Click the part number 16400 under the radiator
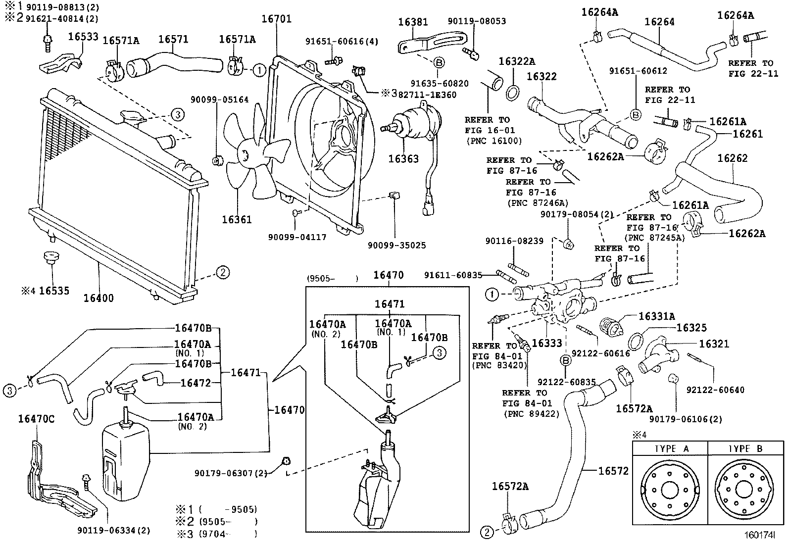coord(98,298)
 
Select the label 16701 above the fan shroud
coord(277,19)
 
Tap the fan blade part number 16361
coord(237,219)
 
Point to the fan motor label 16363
coord(403,159)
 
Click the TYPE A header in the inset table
coord(671,449)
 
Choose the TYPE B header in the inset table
coord(745,449)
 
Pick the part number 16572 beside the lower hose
coord(613,471)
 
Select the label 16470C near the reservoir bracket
coord(36,419)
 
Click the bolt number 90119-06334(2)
coord(113,530)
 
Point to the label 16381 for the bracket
coord(413,22)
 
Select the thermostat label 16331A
coord(656,316)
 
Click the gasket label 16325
coord(691,328)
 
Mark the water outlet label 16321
coord(714,344)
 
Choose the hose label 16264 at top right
coord(659,22)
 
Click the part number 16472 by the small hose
coord(196,383)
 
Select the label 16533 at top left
coord(83,37)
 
